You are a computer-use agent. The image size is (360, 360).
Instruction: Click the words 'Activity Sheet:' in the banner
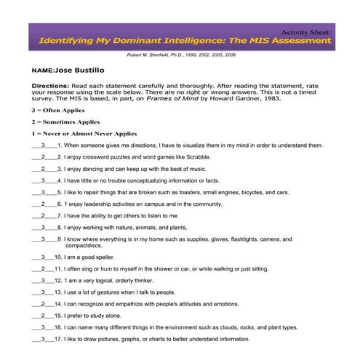[306, 33]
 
